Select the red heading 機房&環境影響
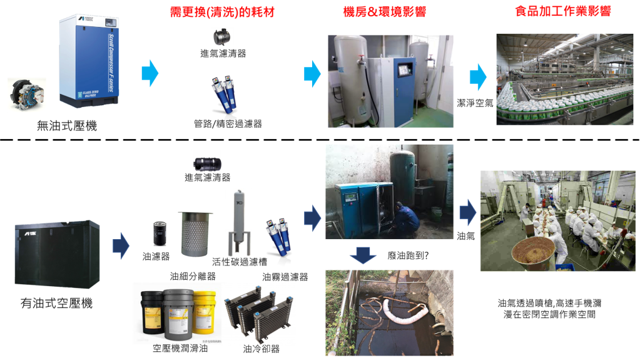pos(385,11)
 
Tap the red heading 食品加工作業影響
pos(562,11)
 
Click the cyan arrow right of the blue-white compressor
pos(150,73)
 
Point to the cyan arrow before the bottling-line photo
pos(478,76)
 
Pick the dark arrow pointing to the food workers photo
pos(467,212)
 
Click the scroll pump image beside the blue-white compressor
pos(27,95)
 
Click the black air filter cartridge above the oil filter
pos(206,165)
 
